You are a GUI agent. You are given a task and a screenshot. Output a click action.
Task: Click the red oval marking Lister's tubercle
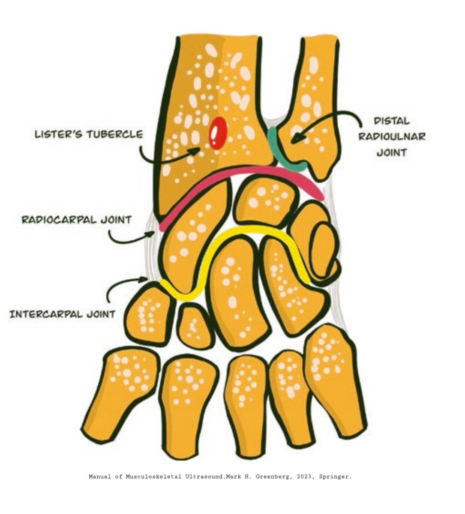(218, 133)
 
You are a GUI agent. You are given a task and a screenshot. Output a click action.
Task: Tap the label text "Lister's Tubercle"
(89, 134)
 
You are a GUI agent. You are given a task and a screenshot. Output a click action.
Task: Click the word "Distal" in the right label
(392, 121)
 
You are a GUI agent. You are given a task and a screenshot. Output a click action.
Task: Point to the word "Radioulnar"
(392, 137)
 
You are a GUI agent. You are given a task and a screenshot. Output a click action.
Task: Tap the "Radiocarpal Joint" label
(76, 220)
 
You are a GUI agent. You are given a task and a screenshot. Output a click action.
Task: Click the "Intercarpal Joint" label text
(63, 314)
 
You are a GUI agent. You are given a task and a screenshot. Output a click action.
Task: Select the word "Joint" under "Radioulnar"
(392, 152)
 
